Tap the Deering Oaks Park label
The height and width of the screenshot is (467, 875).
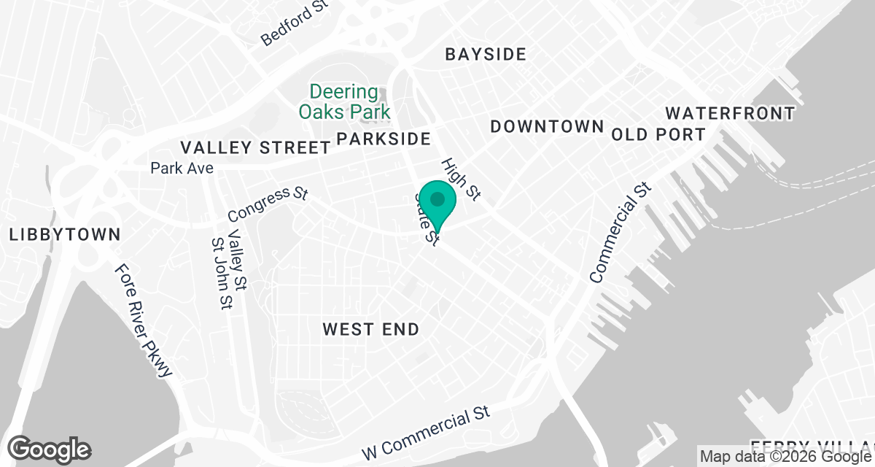344,102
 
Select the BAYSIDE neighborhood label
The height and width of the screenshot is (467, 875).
485,55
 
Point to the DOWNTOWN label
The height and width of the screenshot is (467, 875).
547,126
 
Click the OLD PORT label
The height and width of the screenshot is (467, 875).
658,135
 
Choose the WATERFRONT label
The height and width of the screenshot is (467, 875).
729,113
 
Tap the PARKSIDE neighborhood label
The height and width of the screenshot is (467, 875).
384,139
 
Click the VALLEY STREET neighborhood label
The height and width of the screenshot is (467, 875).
255,147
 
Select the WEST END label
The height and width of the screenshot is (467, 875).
371,330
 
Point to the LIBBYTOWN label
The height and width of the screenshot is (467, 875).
64,235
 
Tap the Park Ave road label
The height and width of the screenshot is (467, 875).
182,169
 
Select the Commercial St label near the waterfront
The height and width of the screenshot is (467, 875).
618,233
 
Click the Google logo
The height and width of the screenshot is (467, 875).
50,449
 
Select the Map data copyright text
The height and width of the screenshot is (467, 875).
786,457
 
